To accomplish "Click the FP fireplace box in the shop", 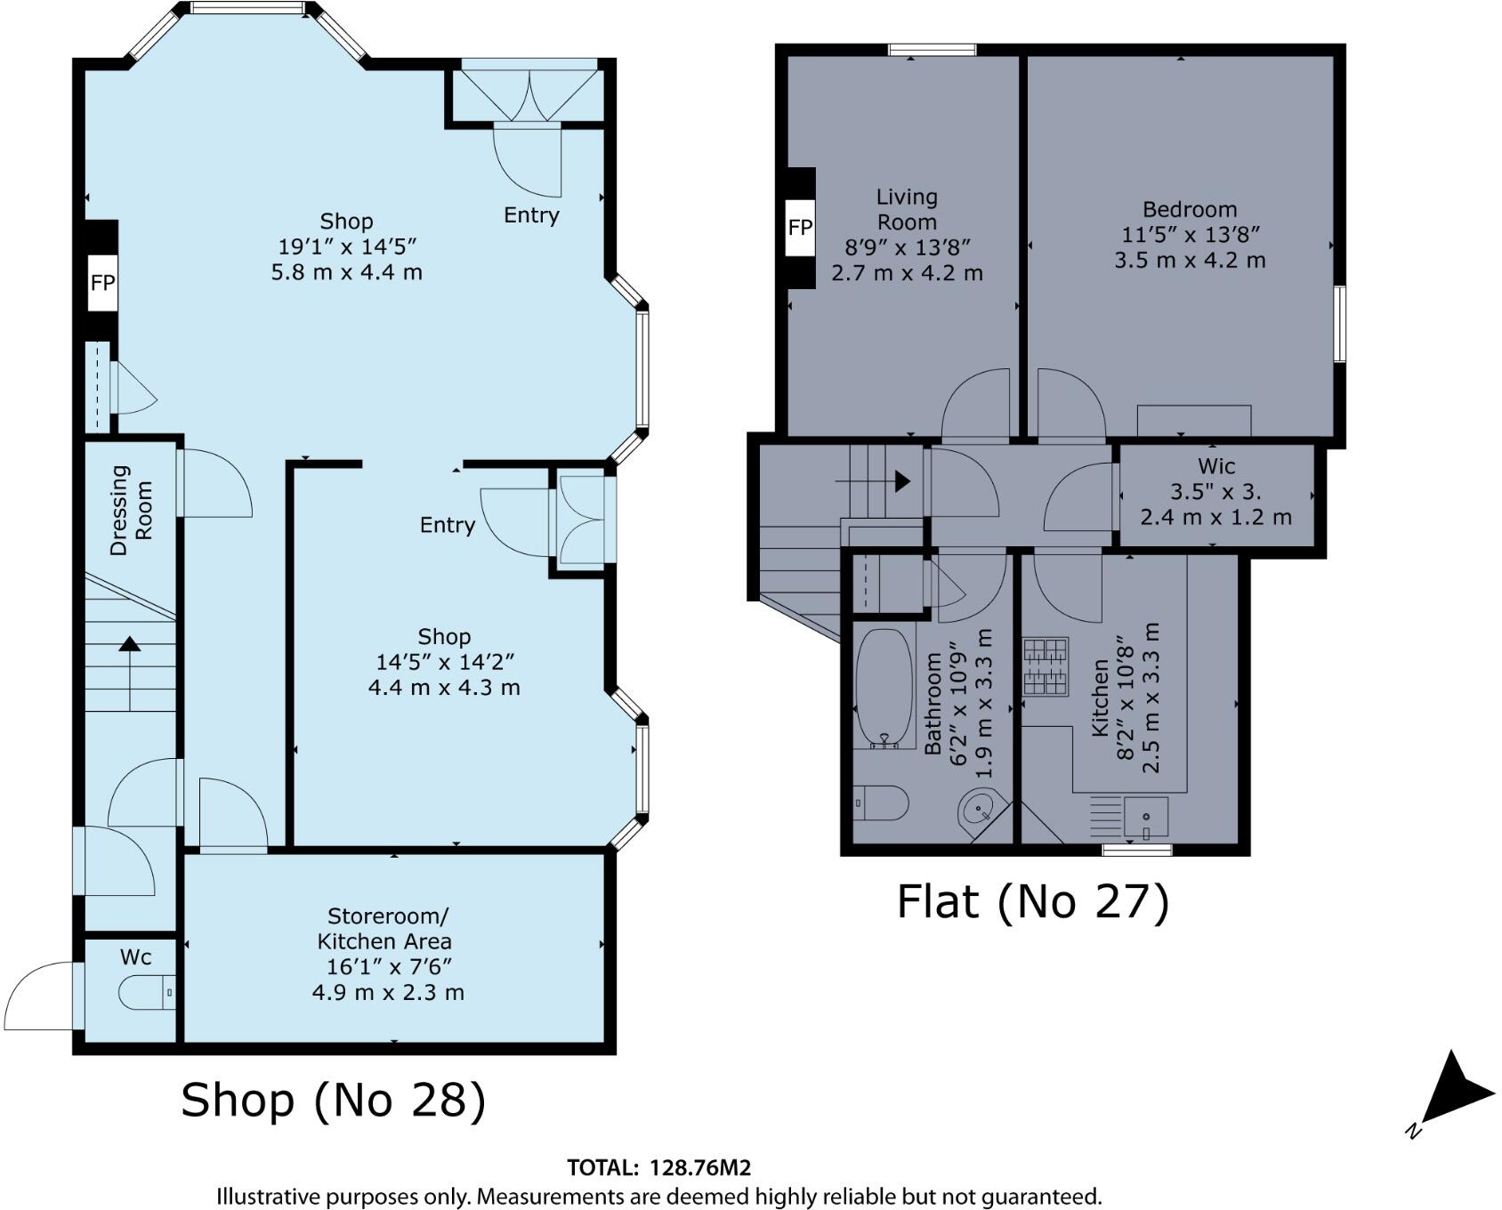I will pyautogui.click(x=102, y=282).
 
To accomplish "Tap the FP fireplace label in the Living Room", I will pyautogui.click(x=800, y=227).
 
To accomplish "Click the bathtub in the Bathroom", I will pyautogui.click(x=884, y=687).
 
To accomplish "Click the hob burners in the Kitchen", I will pyautogui.click(x=1045, y=666).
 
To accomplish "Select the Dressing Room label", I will pyautogui.click(x=131, y=510).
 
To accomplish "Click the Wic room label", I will pyautogui.click(x=1215, y=465).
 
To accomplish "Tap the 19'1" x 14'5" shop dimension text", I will pyautogui.click(x=346, y=246).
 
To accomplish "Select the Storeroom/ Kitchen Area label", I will pyautogui.click(x=387, y=928).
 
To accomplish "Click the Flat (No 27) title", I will pyautogui.click(x=1031, y=901).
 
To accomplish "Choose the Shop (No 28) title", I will pyautogui.click(x=334, y=1100).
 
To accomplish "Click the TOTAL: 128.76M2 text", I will pyautogui.click(x=658, y=1168).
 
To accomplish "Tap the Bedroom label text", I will pyautogui.click(x=1189, y=210).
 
